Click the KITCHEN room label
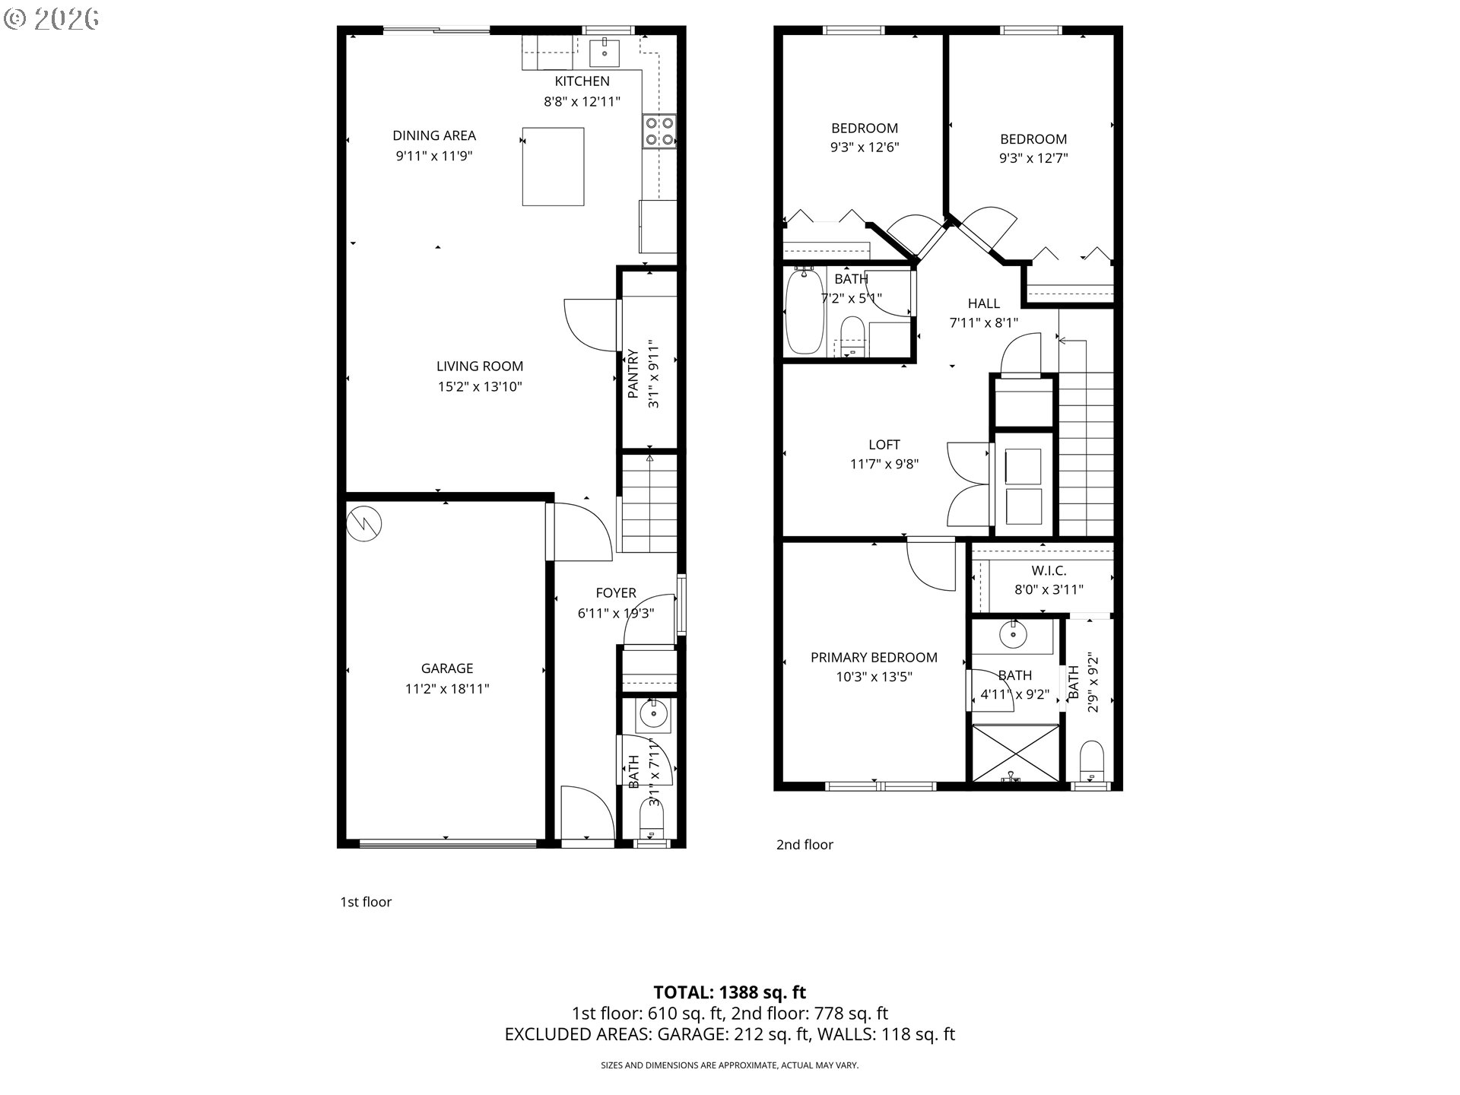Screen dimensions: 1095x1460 (582, 81)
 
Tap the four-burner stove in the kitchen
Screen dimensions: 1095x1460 (659, 131)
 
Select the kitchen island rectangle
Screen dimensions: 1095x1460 (553, 167)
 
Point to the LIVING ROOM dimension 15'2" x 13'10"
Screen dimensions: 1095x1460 (479, 386)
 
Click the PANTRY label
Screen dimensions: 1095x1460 (633, 374)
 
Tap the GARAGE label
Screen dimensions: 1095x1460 (446, 668)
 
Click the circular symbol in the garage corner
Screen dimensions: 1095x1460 (364, 523)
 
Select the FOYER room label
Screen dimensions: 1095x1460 (615, 593)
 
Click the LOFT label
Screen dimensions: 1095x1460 (884, 445)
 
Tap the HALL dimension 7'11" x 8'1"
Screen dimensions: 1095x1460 (983, 322)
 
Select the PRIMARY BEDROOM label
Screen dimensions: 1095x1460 (873, 658)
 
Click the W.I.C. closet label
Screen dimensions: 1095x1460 (1049, 570)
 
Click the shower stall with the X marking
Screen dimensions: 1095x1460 (1015, 753)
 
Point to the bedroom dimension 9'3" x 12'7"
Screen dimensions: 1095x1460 (1033, 158)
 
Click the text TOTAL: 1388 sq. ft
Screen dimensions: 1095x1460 (729, 992)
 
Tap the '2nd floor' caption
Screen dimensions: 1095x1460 (804, 845)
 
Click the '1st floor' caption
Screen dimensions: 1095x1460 (365, 902)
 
